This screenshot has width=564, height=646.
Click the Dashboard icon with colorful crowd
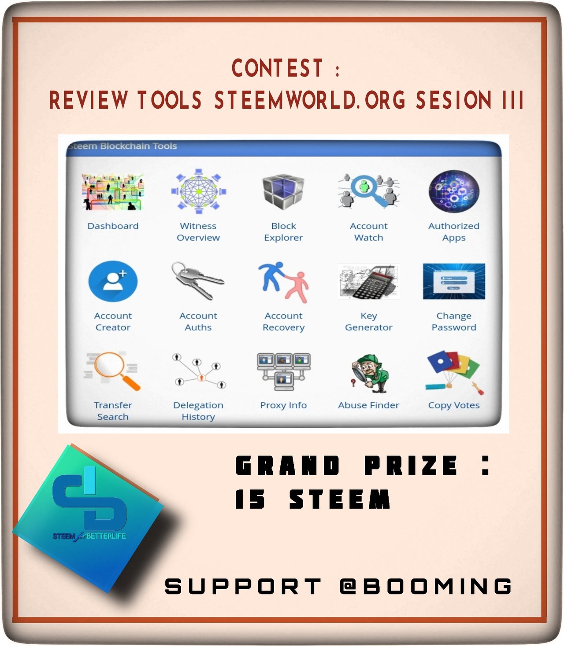point(113,191)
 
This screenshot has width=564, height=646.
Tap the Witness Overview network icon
point(199,191)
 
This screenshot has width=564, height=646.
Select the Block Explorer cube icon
point(283,191)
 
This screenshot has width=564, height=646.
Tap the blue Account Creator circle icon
point(113,281)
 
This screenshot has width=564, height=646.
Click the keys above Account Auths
point(198,281)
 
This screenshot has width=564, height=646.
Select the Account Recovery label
point(284,321)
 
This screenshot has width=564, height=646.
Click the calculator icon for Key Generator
point(369,281)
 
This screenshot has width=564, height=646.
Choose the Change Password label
point(454,321)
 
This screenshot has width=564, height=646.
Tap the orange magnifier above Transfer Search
point(116,371)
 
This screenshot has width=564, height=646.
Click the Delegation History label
point(198,411)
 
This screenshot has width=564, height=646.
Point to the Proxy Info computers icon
point(284,371)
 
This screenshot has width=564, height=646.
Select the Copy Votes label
point(454,405)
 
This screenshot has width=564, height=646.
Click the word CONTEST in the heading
point(277,68)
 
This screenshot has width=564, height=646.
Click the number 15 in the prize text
point(250,499)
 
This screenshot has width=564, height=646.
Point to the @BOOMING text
point(426,586)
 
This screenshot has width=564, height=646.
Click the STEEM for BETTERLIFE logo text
point(89,536)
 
